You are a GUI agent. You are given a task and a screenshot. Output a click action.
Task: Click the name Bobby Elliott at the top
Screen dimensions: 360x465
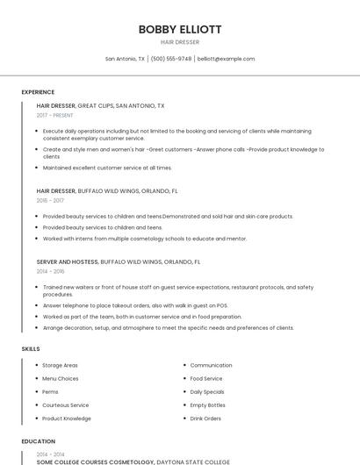(x=180, y=29)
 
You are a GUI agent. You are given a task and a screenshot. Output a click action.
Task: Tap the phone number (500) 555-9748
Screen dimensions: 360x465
(x=170, y=59)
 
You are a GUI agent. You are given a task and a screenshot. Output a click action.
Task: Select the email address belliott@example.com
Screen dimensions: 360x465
(x=226, y=59)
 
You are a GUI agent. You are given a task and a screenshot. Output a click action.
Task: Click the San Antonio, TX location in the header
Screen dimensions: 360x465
(x=125, y=59)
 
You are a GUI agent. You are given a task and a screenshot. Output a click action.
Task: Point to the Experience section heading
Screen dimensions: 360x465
(x=38, y=92)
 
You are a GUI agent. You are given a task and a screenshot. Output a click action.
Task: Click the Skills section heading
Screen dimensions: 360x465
(x=31, y=349)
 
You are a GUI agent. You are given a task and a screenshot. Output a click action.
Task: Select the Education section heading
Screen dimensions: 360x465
(x=38, y=441)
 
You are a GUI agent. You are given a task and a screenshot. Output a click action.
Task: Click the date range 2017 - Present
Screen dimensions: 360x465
(x=55, y=115)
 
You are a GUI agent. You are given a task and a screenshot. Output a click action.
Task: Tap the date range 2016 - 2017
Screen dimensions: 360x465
(x=50, y=200)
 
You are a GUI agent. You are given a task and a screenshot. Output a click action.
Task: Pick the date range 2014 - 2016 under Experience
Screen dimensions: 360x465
(x=50, y=271)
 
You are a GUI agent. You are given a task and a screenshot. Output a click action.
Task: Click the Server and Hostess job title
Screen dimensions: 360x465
(x=68, y=261)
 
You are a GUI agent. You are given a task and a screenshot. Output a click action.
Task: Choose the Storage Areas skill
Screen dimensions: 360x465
(x=60, y=365)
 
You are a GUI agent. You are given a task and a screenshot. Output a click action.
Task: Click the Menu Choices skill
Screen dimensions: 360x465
(x=60, y=378)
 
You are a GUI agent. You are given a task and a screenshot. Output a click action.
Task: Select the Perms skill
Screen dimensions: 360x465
(x=50, y=391)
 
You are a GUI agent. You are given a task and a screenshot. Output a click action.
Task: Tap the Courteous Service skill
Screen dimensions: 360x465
(x=65, y=405)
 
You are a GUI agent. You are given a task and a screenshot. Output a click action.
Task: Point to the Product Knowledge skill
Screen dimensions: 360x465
(x=66, y=418)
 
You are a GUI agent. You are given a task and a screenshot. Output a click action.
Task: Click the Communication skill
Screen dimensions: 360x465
(x=211, y=365)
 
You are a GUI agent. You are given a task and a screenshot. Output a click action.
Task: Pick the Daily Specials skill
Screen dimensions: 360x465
(x=207, y=391)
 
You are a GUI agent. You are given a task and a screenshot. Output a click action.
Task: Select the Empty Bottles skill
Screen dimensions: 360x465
(x=207, y=405)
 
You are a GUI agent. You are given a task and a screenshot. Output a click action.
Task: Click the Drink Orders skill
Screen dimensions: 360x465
(x=205, y=418)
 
